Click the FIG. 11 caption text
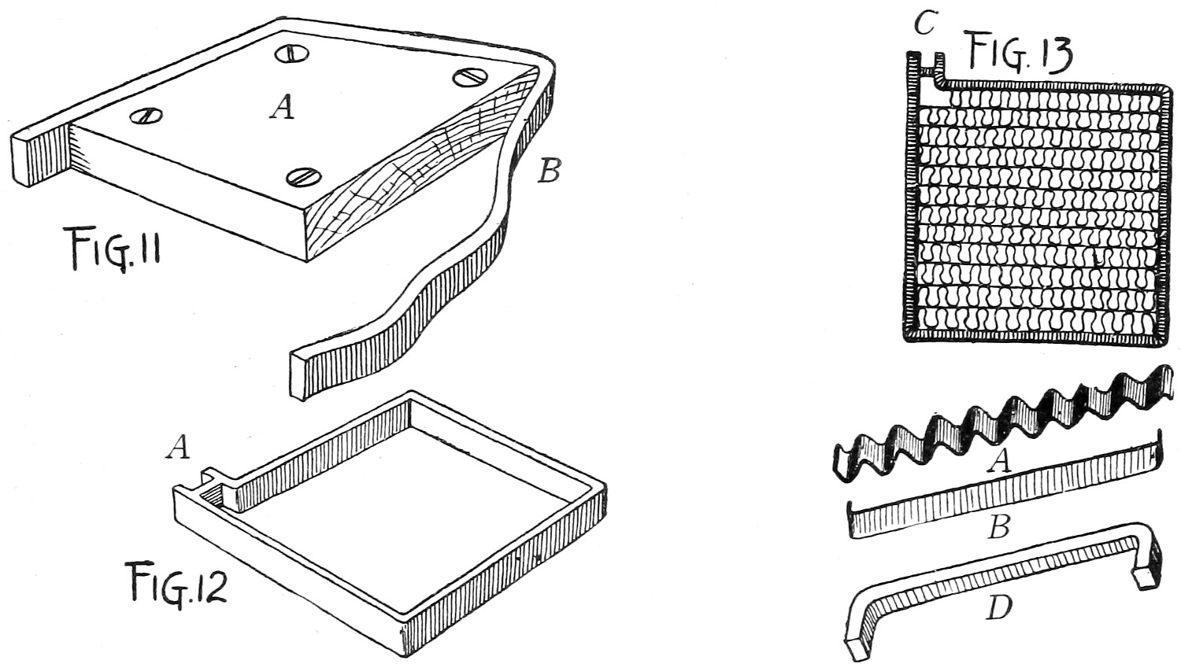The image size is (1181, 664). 113,250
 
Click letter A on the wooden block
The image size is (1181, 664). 282,106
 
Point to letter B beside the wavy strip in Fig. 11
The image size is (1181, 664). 548,171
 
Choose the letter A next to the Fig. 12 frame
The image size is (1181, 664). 179,448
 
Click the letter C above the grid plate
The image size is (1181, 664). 924,24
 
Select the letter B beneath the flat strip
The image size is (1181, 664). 998,526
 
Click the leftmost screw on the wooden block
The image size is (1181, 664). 146,116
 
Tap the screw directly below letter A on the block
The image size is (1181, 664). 302,177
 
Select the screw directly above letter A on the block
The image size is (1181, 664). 291,53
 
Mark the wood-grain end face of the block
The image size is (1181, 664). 409,181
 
